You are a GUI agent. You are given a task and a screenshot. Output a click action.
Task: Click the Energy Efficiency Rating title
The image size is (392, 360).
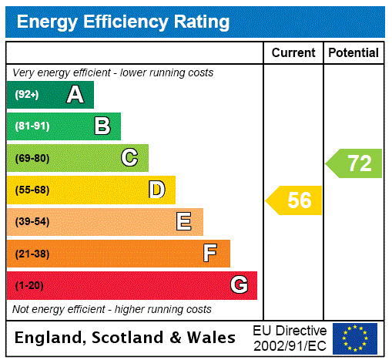(x=123, y=22)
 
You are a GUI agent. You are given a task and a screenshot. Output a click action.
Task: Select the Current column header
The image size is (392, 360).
(x=293, y=53)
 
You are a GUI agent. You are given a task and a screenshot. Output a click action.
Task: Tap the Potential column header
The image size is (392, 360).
(x=353, y=53)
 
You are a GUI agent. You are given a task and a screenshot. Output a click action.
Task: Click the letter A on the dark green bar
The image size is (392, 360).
(x=75, y=95)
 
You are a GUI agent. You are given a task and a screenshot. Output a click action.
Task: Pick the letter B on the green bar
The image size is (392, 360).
(x=102, y=126)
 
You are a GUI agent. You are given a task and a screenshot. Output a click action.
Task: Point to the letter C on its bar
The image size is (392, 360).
(x=129, y=158)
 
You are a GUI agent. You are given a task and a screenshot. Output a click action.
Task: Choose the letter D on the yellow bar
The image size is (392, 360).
(x=156, y=190)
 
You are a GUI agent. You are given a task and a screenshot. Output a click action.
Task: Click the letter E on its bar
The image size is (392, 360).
(x=184, y=222)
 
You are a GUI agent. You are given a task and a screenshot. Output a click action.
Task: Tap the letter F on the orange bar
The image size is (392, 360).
(x=209, y=254)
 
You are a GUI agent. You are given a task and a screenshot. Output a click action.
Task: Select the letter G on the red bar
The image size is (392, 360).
(x=239, y=285)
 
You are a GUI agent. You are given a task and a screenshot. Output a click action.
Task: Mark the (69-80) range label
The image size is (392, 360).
(x=32, y=159)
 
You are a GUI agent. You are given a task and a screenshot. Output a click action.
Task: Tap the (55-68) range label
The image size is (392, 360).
(x=32, y=190)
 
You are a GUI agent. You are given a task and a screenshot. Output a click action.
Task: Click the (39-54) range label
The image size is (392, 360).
(x=32, y=222)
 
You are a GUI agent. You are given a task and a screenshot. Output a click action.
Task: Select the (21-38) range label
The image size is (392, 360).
(x=32, y=254)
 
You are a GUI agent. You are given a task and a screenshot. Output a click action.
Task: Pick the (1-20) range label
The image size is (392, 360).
(x=29, y=286)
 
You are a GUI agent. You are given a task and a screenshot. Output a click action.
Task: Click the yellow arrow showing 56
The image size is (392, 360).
(x=295, y=200)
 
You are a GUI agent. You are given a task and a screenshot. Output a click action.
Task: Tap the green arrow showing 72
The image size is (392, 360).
(x=355, y=163)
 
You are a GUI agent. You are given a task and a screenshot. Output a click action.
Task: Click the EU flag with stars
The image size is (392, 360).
(x=355, y=338)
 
